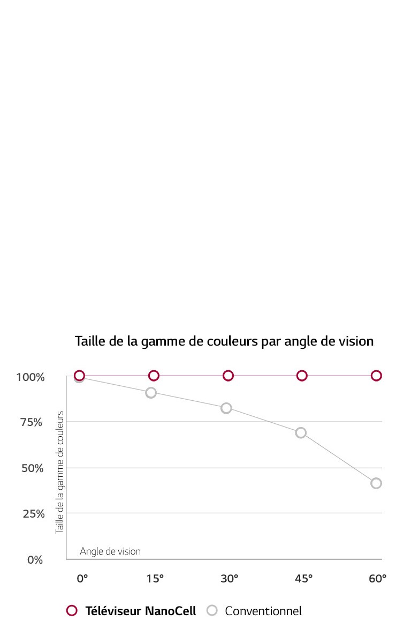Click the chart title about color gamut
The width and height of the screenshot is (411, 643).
(x=224, y=341)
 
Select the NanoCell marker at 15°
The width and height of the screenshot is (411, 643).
(x=154, y=376)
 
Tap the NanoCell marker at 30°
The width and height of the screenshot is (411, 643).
(x=228, y=376)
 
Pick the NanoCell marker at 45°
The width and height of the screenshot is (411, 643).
(x=302, y=376)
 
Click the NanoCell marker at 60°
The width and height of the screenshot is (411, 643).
(x=376, y=376)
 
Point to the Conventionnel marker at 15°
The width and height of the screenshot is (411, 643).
(x=151, y=393)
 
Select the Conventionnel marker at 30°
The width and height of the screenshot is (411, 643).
(x=226, y=408)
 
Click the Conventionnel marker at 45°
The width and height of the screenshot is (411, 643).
(x=301, y=433)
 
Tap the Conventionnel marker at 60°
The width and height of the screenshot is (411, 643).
(x=376, y=483)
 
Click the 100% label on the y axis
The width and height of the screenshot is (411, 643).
(x=30, y=377)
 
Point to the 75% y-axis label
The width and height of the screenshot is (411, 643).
(x=32, y=423)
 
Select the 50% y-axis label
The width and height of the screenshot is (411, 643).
(x=32, y=468)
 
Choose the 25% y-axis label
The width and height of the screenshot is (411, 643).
(x=32, y=514)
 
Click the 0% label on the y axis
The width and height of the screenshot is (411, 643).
(x=35, y=560)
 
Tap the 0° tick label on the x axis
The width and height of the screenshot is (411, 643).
(x=82, y=579)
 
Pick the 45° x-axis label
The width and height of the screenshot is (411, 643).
(x=303, y=579)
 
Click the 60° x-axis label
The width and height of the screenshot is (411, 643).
(x=377, y=579)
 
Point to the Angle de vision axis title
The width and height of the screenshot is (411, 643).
(x=110, y=551)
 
